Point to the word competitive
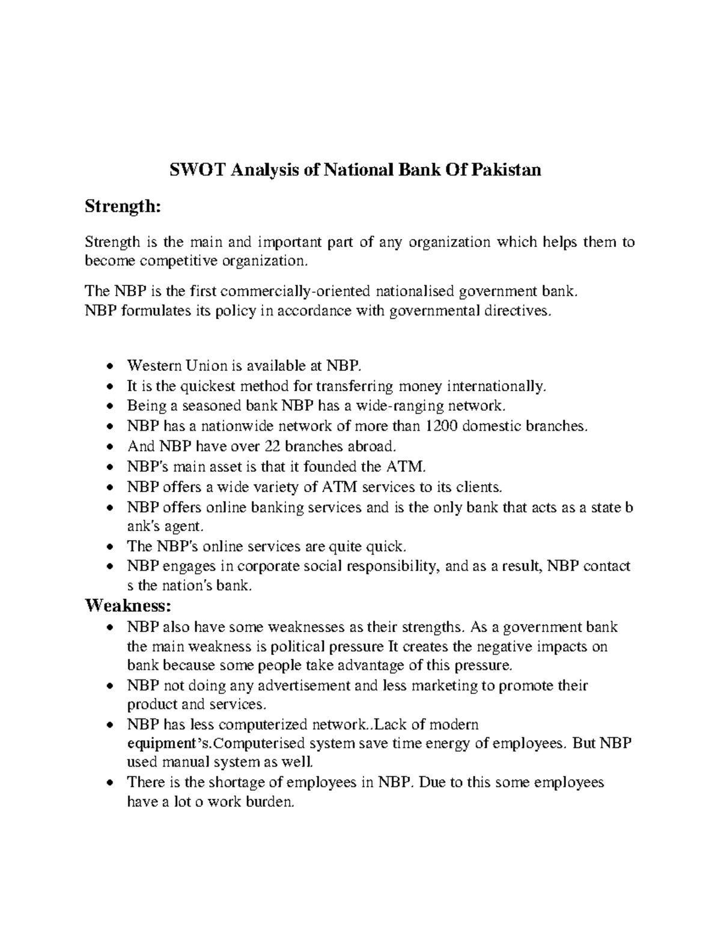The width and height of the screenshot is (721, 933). point(180,261)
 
